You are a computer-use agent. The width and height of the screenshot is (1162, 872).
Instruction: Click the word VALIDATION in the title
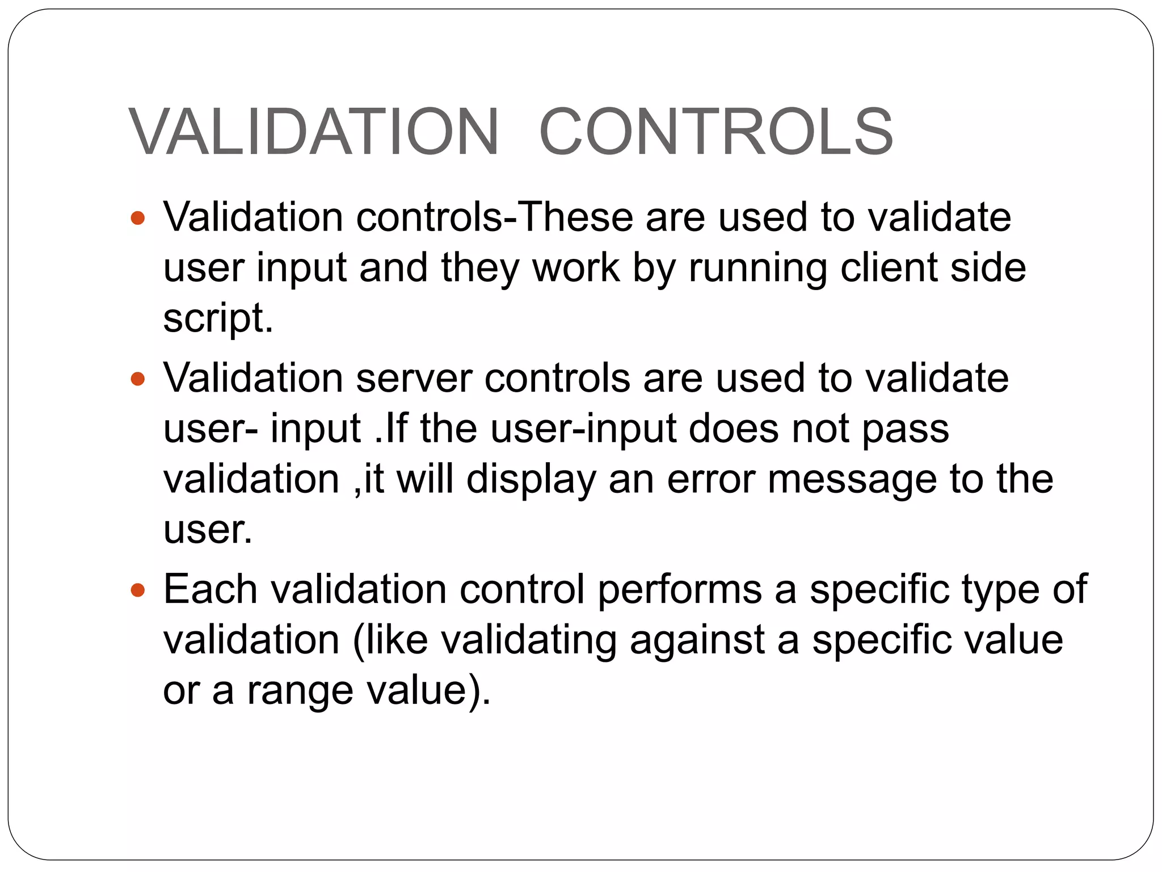coord(314,132)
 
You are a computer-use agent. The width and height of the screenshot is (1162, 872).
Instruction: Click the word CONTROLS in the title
coord(715,132)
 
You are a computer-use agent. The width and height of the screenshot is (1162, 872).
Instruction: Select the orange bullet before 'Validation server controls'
coord(138,378)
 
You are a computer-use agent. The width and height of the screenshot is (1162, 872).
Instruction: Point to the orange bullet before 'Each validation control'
coord(138,590)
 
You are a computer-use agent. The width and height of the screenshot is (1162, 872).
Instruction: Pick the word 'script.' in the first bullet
coord(218,318)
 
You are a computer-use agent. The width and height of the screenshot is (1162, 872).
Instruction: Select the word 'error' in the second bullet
coord(711,479)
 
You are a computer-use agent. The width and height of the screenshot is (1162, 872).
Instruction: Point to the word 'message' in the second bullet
coord(852,480)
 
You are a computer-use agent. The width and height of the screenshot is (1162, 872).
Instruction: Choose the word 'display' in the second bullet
coord(531,480)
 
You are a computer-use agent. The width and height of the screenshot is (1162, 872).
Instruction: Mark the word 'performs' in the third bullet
coord(680,590)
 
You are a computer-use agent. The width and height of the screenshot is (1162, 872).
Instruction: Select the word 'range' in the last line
coord(300,691)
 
